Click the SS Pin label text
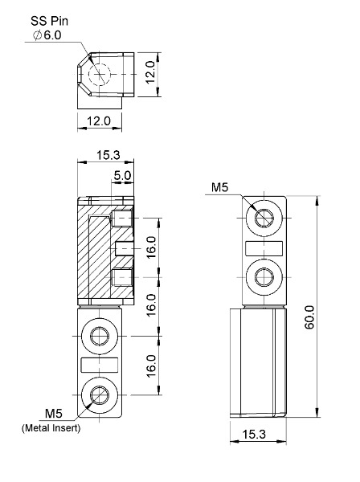[x=49, y=21]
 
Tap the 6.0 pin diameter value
[x=52, y=35]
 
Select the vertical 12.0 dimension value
[x=150, y=72]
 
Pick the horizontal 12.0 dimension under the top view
[x=98, y=120]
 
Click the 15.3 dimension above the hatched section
[x=108, y=155]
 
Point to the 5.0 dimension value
[x=122, y=175]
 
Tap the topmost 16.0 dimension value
[x=151, y=247]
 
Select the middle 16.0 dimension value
[x=151, y=305]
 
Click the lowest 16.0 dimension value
[x=151, y=366]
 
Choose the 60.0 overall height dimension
[x=309, y=317]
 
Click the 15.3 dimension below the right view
[x=254, y=434]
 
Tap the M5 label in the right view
[x=220, y=187]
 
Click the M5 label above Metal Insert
[x=54, y=414]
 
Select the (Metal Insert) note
[x=51, y=428]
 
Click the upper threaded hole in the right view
[x=264, y=218]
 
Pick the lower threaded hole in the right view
[x=264, y=277]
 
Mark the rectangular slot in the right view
[x=264, y=248]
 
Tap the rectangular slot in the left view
[x=99, y=365]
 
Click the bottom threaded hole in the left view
[x=100, y=394]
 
